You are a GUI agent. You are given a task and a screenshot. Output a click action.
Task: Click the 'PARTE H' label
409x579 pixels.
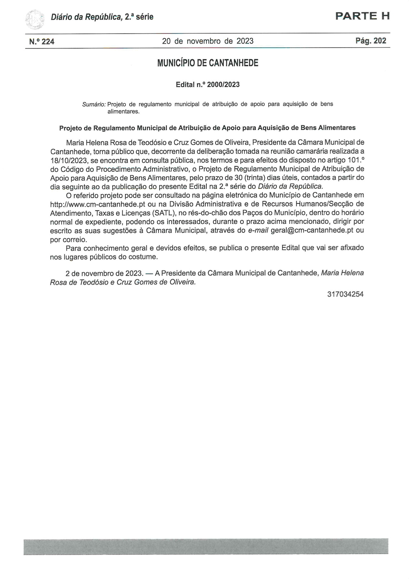tap(362, 16)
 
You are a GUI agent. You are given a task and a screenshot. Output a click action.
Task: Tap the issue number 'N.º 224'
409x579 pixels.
tap(42, 42)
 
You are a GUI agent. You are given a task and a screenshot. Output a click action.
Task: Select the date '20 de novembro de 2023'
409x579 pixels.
tap(208, 41)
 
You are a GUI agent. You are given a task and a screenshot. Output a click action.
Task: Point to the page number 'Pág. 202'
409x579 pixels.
tap(371, 41)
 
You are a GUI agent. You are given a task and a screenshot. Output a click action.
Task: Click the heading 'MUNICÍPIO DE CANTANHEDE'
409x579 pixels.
tap(208, 63)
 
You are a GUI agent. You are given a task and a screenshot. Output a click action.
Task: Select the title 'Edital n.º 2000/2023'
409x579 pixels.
tap(208, 84)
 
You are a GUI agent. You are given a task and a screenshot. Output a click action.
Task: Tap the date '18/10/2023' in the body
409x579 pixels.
tap(69, 160)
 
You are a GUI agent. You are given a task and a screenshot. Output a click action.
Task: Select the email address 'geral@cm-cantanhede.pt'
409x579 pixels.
tap(312, 230)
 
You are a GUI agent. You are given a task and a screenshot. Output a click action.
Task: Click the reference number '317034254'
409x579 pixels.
tap(345, 294)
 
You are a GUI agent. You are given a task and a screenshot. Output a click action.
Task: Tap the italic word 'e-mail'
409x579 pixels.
tap(258, 230)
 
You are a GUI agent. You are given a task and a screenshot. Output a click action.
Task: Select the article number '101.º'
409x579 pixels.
tap(355, 160)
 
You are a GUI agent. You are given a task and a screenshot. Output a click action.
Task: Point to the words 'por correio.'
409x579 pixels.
tap(68, 239)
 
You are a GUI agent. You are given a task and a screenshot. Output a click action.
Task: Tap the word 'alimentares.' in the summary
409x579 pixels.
tap(123, 112)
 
